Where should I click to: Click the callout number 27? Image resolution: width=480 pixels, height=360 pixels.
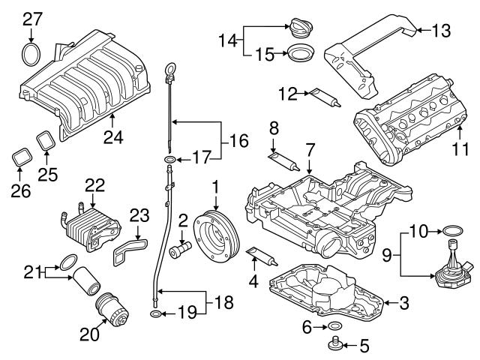(x=31, y=18)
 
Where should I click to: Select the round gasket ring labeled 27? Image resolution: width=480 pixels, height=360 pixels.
(x=31, y=55)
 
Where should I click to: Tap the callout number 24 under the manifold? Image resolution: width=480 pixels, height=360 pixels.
(x=112, y=136)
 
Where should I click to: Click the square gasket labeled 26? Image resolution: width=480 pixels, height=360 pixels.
(x=21, y=160)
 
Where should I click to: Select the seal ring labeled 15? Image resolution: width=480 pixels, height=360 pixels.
(x=301, y=55)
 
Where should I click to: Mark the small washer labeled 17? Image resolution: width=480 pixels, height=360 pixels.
(x=172, y=160)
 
